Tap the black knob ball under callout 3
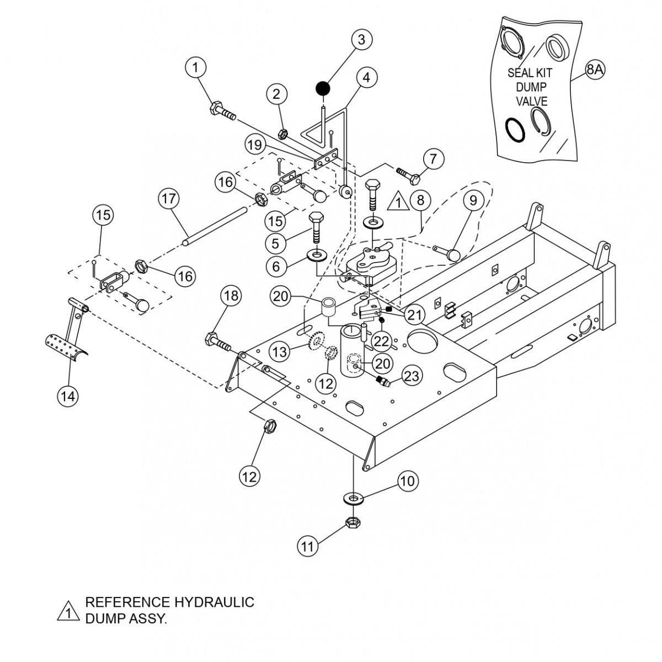[323, 87]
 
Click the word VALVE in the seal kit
[531, 102]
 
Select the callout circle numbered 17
[169, 198]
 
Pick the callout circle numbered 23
[412, 376]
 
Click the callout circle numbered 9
[473, 201]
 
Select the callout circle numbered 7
[434, 160]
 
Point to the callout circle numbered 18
[231, 296]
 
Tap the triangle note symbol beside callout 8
[396, 202]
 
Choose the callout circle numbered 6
[277, 266]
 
